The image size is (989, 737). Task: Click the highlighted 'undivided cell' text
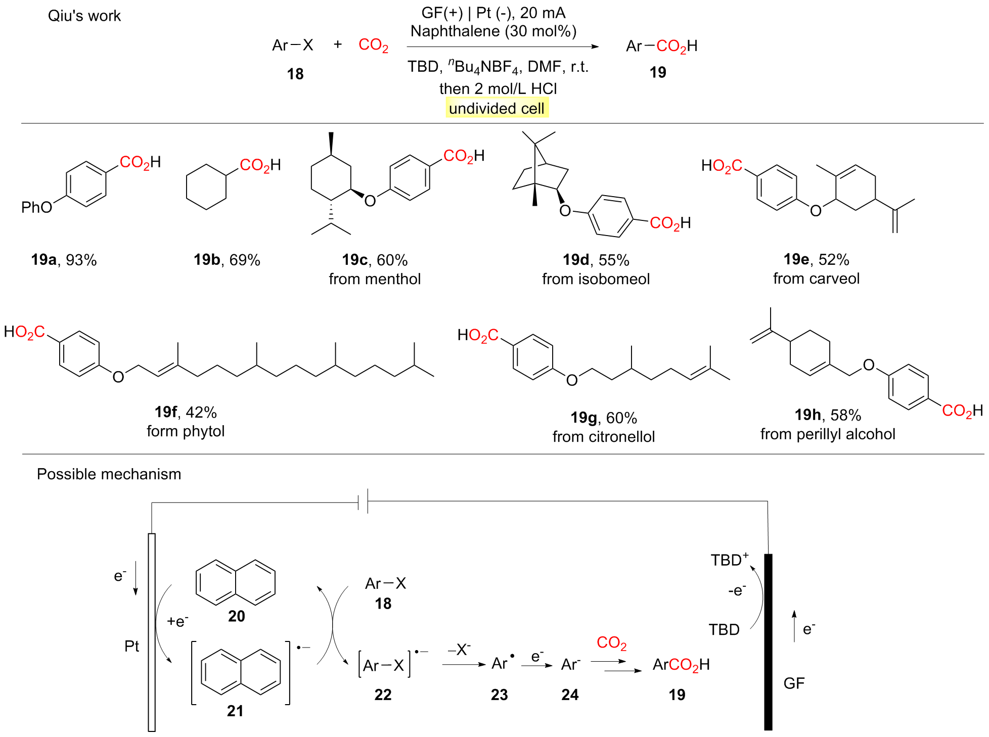pos(497,108)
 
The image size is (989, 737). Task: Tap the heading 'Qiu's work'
pos(84,16)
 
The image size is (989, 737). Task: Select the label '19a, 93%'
pos(64,260)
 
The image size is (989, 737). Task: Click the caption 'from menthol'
pos(375,279)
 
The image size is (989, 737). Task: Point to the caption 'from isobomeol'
pos(596,279)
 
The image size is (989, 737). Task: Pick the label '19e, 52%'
pos(816,259)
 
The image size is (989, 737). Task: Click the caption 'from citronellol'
pos(603,436)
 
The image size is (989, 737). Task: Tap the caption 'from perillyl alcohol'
pos(828,434)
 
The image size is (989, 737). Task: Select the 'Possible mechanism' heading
pos(109,474)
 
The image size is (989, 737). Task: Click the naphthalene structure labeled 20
pos(236,582)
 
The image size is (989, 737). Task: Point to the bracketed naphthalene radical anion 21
pos(241,672)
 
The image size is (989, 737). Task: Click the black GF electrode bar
pos(768,642)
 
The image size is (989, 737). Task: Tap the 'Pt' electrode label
pos(131,646)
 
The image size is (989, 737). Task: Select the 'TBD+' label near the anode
pos(729,560)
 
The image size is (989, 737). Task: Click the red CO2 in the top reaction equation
pos(373,45)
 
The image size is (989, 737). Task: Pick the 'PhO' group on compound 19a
pos(36,207)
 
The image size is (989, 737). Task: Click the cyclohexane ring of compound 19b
pos(206,187)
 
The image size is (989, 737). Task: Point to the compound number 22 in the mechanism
pos(383,695)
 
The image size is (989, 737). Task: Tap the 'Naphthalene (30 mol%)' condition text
pos(493,31)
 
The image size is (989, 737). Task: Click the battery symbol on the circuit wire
pos(363,501)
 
